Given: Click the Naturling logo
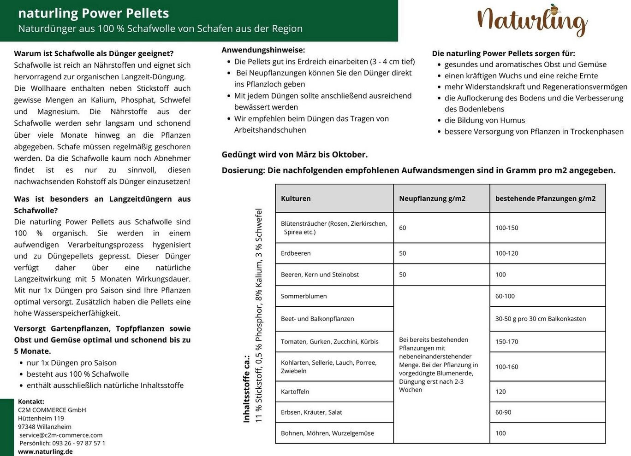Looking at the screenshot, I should pyautogui.click(x=532, y=21).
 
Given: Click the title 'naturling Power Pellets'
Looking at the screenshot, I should pyautogui.click(x=93, y=13).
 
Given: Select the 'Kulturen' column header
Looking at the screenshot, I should pyautogui.click(x=296, y=199).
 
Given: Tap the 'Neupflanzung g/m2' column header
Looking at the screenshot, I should pyautogui.click(x=432, y=199).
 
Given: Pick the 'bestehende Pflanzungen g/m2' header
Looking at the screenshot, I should pyautogui.click(x=545, y=199).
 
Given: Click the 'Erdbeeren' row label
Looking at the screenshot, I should pyautogui.click(x=296, y=253).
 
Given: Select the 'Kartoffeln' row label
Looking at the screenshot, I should pyautogui.click(x=295, y=392).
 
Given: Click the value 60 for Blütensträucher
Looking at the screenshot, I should pyautogui.click(x=403, y=228).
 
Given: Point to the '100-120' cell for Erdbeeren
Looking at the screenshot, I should pyautogui.click(x=506, y=253).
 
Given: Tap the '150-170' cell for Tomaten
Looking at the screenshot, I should pyautogui.click(x=506, y=342).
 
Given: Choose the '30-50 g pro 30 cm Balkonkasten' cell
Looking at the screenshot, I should pyautogui.click(x=541, y=319).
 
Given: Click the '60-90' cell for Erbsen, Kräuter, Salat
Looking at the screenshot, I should pyautogui.click(x=503, y=412).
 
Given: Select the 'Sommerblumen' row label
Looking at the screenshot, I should pyautogui.click(x=304, y=296).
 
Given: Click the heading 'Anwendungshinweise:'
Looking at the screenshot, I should pyautogui.click(x=263, y=50).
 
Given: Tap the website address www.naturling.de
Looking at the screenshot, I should pyautogui.click(x=45, y=451).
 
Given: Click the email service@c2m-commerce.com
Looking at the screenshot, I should pyautogui.click(x=61, y=435).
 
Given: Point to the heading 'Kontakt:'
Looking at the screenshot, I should pyautogui.click(x=31, y=402).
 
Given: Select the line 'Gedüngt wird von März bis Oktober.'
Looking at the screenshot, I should pyautogui.click(x=294, y=154).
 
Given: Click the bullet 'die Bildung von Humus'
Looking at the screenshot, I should pyautogui.click(x=484, y=120).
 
